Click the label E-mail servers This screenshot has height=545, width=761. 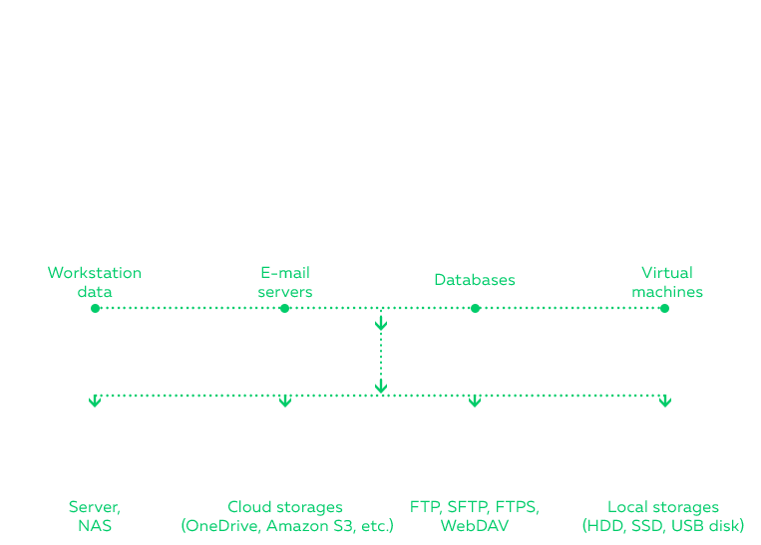(285, 282)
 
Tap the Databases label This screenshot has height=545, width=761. (475, 280)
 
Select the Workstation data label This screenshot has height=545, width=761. (95, 282)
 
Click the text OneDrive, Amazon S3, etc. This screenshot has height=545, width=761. (287, 525)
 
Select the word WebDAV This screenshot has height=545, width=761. (475, 525)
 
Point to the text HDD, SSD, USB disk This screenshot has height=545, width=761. (663, 525)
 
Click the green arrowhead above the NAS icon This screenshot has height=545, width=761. (95, 403)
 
